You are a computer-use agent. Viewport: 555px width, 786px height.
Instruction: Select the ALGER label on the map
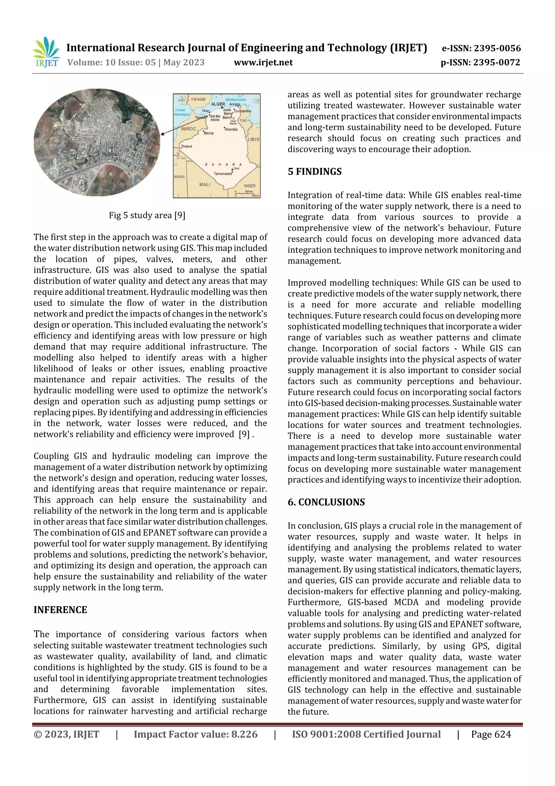[x=218, y=104]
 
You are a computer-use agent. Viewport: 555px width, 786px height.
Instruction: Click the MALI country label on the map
[x=205, y=184]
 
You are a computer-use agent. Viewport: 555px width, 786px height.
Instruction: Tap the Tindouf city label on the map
[x=187, y=146]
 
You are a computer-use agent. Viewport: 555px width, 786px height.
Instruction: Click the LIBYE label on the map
[x=253, y=139]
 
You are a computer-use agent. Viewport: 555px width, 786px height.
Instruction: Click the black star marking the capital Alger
[x=222, y=107]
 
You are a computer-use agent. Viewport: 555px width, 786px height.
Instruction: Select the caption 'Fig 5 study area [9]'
[x=147, y=215]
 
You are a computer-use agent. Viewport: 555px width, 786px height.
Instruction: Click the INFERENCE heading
[x=60, y=610]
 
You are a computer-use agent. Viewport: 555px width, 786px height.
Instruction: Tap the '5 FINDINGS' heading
[x=315, y=171]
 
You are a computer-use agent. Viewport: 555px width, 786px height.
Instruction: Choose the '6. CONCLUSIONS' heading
[x=326, y=502]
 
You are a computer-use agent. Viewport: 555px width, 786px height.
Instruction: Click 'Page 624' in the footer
[x=491, y=734]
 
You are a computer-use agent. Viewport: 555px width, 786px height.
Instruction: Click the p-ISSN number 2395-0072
[x=496, y=62]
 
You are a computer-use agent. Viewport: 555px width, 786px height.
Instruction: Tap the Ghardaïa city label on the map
[x=231, y=129]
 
